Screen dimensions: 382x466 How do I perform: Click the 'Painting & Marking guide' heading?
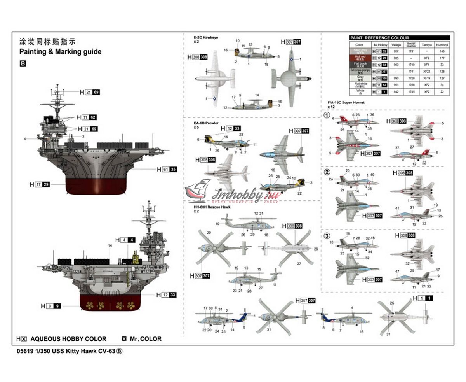[60, 52]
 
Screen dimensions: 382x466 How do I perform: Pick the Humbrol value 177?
[442, 58]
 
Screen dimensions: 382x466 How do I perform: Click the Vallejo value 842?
[396, 92]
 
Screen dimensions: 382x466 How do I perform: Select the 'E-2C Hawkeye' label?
[206, 37]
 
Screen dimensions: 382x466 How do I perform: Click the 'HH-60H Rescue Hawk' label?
[212, 207]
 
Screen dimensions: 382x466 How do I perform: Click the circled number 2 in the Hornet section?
[327, 172]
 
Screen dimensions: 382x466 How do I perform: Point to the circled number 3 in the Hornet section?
[327, 236]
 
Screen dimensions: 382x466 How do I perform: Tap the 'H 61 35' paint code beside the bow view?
[167, 169]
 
